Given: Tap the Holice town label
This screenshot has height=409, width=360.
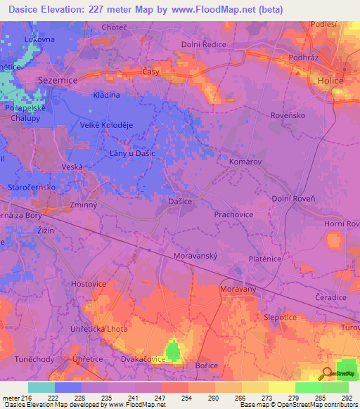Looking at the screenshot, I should click(329, 81).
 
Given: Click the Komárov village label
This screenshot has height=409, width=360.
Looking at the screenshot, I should click(245, 162).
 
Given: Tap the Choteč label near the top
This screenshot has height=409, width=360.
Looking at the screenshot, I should click(114, 27).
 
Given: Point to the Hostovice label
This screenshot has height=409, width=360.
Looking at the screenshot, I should click(89, 283).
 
